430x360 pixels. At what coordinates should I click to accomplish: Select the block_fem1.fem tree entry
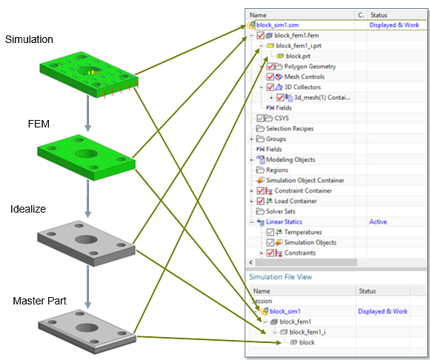tap(298, 35)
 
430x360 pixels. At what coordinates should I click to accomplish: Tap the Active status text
tap(379, 221)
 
